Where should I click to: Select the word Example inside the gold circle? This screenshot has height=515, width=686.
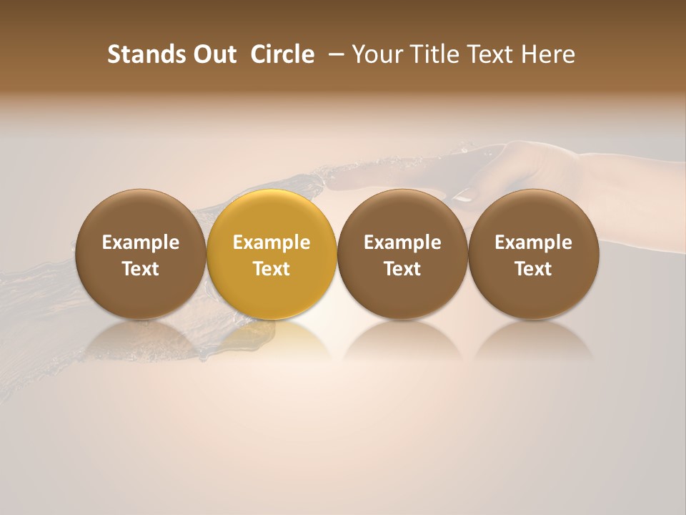[272, 242]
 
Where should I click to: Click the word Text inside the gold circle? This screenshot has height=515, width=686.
[272, 269]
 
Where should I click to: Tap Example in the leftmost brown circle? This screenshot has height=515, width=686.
[141, 242]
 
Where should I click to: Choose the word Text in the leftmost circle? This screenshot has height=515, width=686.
[141, 269]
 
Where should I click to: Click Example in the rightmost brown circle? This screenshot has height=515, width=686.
[534, 242]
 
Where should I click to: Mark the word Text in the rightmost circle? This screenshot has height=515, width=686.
[534, 269]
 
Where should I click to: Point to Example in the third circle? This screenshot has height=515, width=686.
[402, 242]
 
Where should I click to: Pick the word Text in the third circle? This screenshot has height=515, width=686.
[402, 269]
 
